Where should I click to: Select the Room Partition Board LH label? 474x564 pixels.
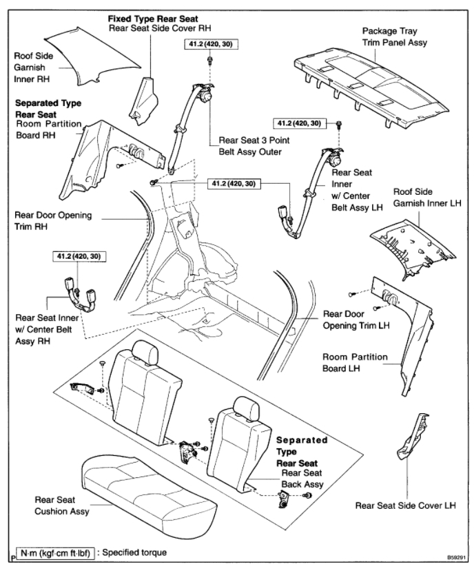(x=356, y=363)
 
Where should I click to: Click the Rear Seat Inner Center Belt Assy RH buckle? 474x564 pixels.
(x=79, y=293)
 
